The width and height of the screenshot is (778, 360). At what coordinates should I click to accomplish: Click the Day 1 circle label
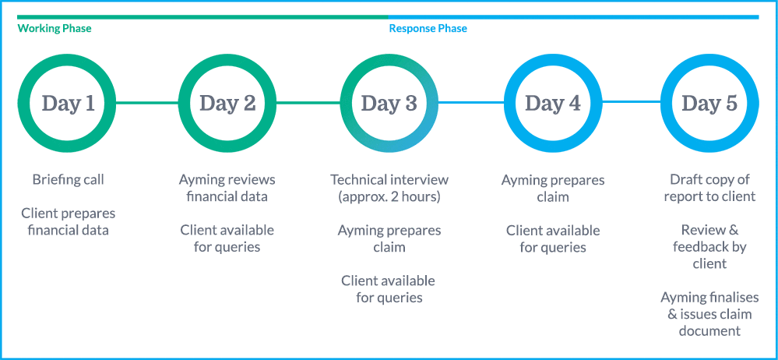click(68, 104)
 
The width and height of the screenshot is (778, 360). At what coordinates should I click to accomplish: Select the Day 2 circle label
click(227, 104)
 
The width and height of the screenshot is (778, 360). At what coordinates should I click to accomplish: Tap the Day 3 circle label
click(389, 104)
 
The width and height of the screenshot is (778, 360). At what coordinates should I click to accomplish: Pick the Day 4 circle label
click(553, 104)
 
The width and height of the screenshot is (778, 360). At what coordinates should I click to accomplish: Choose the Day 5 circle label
click(709, 104)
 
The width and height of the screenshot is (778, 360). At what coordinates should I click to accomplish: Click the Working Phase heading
click(55, 28)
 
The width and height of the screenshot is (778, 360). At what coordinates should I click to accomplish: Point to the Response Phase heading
click(428, 28)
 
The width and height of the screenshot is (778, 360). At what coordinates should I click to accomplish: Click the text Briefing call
click(68, 179)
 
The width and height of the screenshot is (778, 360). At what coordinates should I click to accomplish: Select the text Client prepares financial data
click(68, 221)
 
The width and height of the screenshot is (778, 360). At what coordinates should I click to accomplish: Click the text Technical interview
click(389, 179)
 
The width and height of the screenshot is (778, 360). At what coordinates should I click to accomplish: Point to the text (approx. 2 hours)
click(389, 196)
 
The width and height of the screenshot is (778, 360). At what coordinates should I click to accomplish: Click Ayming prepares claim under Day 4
click(553, 189)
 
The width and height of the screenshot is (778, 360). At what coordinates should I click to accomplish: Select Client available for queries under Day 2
click(227, 238)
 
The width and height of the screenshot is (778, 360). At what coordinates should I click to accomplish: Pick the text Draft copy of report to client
click(709, 188)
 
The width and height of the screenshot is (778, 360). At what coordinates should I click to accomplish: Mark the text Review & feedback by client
click(709, 247)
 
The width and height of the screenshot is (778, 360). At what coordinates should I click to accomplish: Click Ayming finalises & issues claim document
click(709, 314)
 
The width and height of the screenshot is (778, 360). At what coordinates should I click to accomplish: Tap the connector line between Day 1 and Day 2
click(147, 103)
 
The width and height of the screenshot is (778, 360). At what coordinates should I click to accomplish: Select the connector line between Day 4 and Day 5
click(631, 103)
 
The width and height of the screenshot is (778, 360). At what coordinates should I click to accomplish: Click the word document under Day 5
click(709, 331)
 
